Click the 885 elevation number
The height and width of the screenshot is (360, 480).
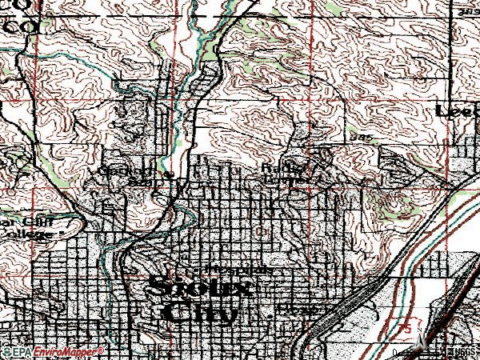coord(360,137)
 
